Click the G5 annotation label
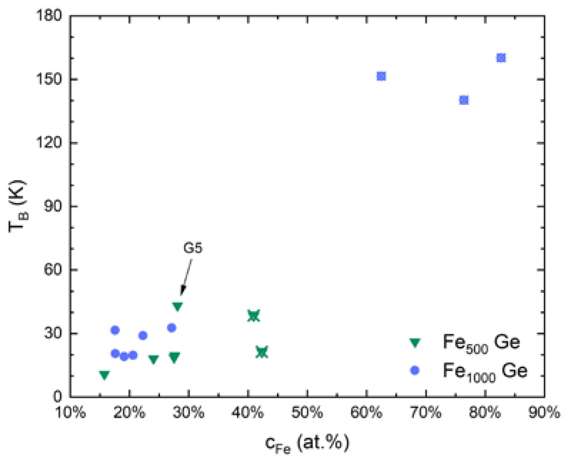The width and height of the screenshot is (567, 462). point(193,248)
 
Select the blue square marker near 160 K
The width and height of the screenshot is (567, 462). point(501,58)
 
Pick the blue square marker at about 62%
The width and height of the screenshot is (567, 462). point(381,76)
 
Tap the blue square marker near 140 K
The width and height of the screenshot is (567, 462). point(463,100)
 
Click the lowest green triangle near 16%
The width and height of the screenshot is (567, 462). point(104,375)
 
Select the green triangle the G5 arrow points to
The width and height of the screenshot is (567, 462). point(177,306)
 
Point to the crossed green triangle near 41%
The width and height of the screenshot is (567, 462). point(254,315)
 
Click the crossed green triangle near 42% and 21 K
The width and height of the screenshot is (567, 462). point(262,352)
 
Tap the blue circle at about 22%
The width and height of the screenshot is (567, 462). point(143,335)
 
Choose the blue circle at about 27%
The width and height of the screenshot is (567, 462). point(172,328)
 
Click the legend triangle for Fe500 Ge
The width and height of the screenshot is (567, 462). point(415,343)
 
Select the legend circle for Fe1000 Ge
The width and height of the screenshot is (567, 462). point(415,371)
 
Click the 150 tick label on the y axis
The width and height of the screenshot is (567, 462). point(49,79)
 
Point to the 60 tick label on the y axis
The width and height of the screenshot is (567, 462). point(52,269)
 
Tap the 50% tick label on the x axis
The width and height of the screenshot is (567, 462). point(307,413)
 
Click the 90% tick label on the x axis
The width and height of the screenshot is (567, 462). point(544,413)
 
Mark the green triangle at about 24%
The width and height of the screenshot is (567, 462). point(154,359)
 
